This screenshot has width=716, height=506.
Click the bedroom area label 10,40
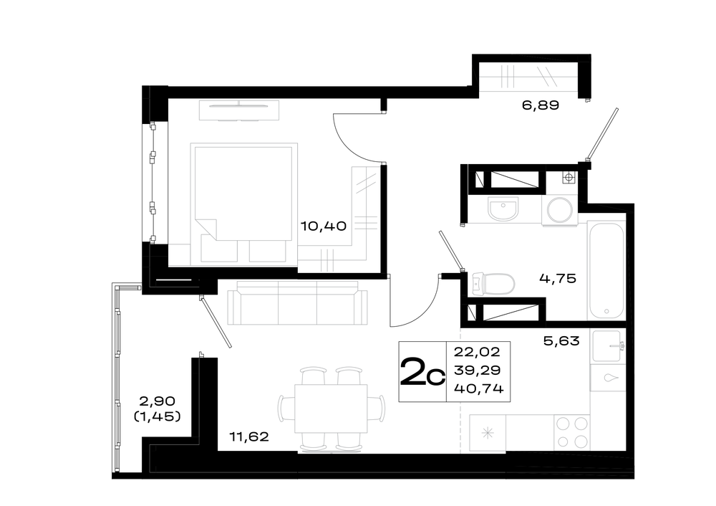click(x=324, y=226)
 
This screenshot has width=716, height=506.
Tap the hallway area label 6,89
click(x=540, y=105)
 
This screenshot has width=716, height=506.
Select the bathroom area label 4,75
click(x=558, y=278)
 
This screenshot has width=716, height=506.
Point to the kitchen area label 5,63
click(x=561, y=341)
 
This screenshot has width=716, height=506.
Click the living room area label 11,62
click(x=249, y=437)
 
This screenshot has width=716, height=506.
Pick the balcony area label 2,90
click(x=157, y=401)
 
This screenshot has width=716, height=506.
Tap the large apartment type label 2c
click(x=422, y=371)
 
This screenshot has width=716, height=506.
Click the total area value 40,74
click(x=478, y=388)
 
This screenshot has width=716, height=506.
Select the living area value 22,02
click(x=477, y=352)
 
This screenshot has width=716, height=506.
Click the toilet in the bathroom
click(x=493, y=283)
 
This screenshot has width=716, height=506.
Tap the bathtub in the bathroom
click(x=606, y=271)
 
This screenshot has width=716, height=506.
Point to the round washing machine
click(x=560, y=211)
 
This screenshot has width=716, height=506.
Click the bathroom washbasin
click(x=503, y=209)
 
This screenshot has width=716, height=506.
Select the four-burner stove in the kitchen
click(x=572, y=432)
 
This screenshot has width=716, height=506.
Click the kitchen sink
click(x=607, y=346)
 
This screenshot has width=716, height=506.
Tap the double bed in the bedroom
click(x=244, y=203)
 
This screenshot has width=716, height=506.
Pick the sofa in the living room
click(x=297, y=302)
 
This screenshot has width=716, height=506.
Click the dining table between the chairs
click(x=331, y=409)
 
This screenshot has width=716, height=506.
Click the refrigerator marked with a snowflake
click(x=488, y=432)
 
